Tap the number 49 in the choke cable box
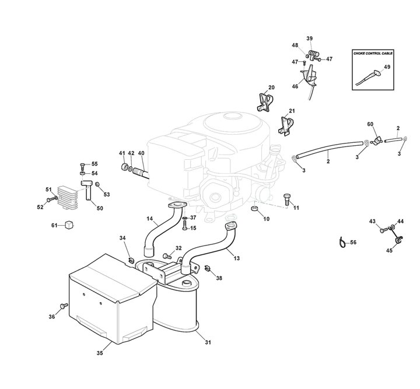(x=387, y=67)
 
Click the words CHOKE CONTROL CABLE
(x=373, y=53)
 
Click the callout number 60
(x=370, y=124)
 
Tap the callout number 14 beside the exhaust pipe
(x=150, y=219)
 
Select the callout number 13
(x=236, y=257)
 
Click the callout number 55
(x=94, y=164)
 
